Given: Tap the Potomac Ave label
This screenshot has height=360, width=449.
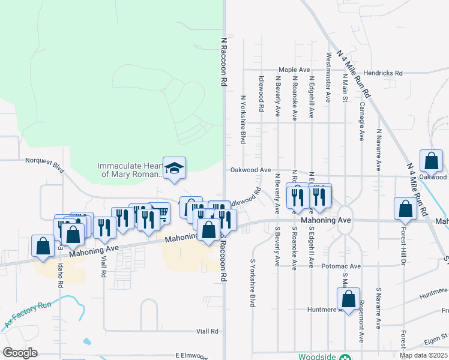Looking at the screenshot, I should [x=340, y=266].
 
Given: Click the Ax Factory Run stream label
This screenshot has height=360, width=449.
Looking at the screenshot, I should [x=28, y=315].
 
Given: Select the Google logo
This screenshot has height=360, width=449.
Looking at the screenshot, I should [x=20, y=353].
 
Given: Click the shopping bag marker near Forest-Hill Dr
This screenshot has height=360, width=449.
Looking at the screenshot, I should [x=406, y=208].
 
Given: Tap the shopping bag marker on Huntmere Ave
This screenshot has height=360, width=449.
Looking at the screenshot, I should [x=348, y=299].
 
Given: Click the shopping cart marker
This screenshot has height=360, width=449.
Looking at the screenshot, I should [x=160, y=212].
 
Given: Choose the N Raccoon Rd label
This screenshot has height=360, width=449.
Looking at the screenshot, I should [x=224, y=62].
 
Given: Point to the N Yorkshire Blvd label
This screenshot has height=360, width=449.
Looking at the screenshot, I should [x=244, y=119].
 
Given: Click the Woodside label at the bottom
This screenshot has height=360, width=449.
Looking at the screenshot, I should [x=318, y=356].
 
